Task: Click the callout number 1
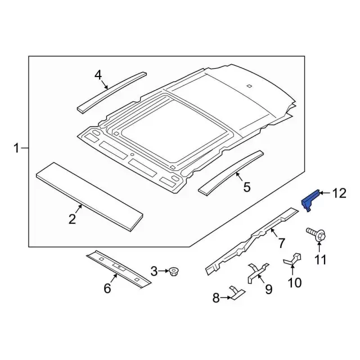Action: click(16, 148)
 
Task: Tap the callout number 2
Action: click(73, 219)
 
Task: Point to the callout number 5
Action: click(246, 187)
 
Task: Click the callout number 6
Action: click(107, 289)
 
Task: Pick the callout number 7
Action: click(282, 243)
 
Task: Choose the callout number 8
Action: click(216, 299)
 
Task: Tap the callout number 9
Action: click(268, 289)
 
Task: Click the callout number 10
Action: click(294, 282)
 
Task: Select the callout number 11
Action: click(320, 259)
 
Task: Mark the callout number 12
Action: click(339, 193)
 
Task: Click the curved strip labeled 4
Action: click(111, 91)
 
